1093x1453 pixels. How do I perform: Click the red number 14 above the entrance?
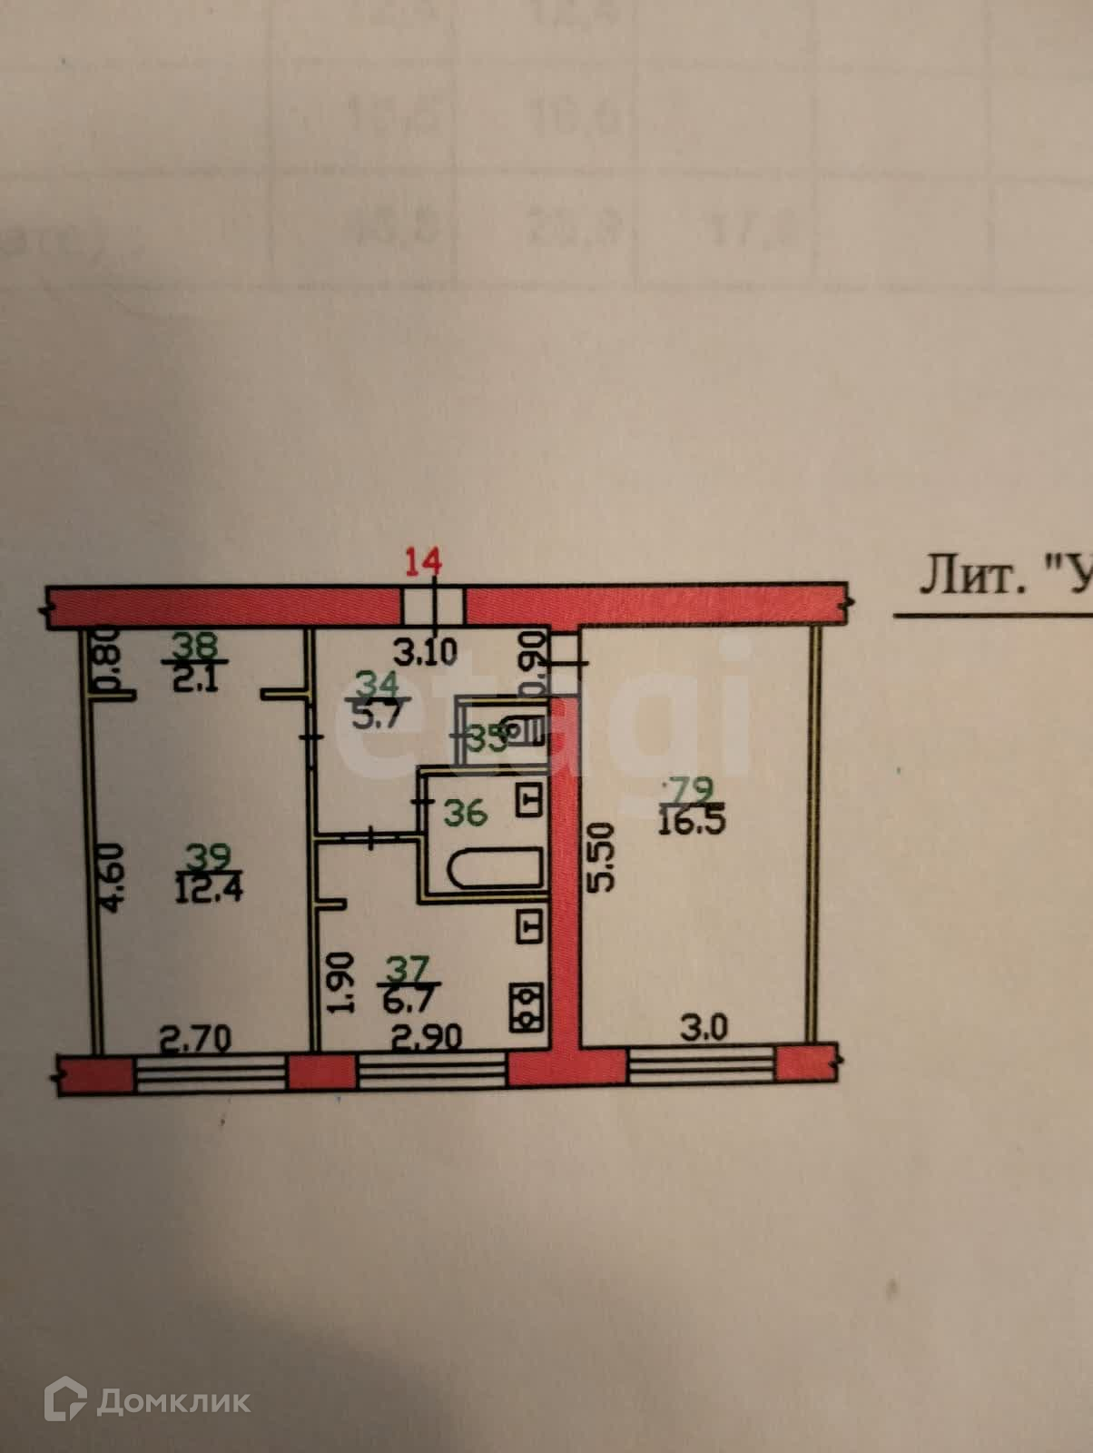click(x=423, y=562)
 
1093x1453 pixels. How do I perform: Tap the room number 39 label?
click(x=209, y=855)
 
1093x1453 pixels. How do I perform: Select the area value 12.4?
click(x=209, y=885)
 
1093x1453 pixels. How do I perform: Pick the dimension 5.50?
click(x=603, y=856)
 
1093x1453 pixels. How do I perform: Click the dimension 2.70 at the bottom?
click(x=195, y=1037)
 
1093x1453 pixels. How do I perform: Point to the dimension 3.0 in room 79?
click(x=704, y=1029)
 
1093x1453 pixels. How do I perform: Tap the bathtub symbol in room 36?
click(x=495, y=869)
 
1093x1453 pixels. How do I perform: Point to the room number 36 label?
click(x=465, y=812)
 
